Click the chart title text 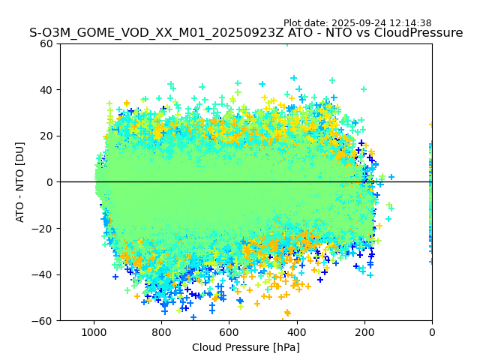click(x=246, y=33)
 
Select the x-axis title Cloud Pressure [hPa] click(x=246, y=347)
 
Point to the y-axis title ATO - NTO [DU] click(x=20, y=182)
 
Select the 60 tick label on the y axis click(x=46, y=43)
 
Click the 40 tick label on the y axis click(x=46, y=90)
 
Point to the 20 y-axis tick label click(x=46, y=136)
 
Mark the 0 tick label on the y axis click(x=49, y=182)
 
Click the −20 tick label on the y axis click(x=43, y=229)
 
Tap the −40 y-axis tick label click(x=43, y=274)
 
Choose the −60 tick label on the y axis click(x=43, y=321)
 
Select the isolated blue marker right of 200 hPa click(x=391, y=178)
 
